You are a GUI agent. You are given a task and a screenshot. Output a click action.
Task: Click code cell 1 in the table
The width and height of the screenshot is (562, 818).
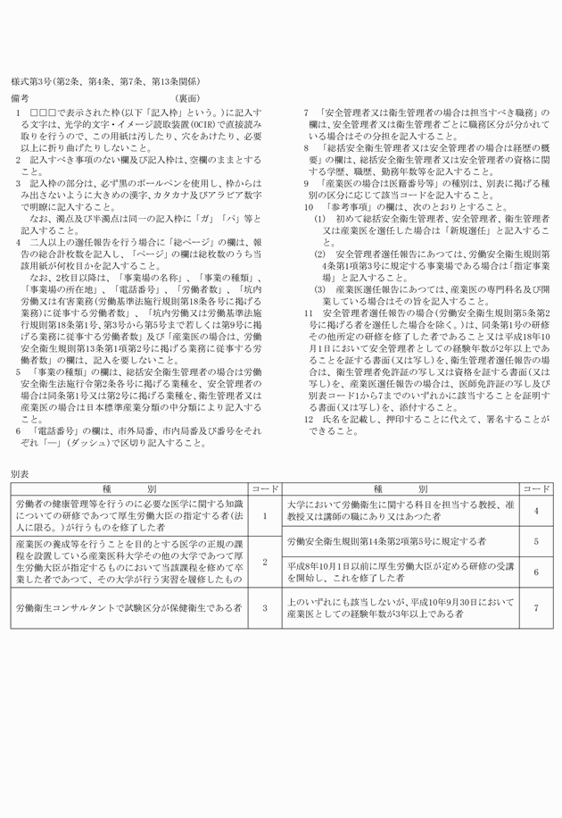click(265, 516)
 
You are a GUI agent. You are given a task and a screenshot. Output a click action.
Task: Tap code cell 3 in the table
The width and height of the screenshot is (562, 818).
click(265, 607)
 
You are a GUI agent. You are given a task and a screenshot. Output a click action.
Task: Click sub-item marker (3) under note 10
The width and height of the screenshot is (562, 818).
click(318, 289)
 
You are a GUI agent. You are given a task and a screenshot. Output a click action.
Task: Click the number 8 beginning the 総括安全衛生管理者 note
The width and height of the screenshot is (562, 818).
click(306, 146)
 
